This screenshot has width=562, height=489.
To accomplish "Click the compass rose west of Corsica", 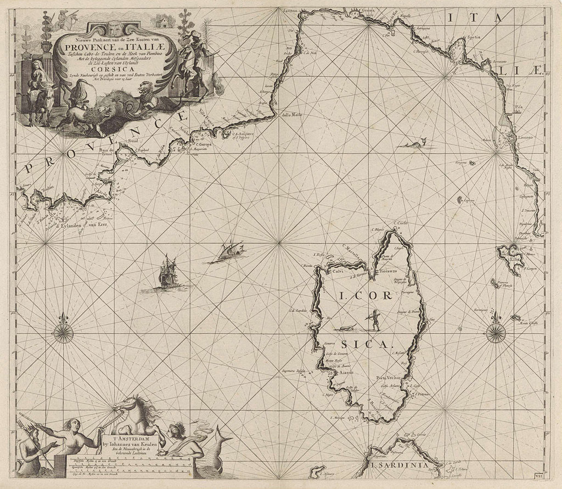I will point(64,332).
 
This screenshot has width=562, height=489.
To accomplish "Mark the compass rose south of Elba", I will point(497,330).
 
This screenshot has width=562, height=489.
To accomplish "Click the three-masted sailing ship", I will point(167,273).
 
